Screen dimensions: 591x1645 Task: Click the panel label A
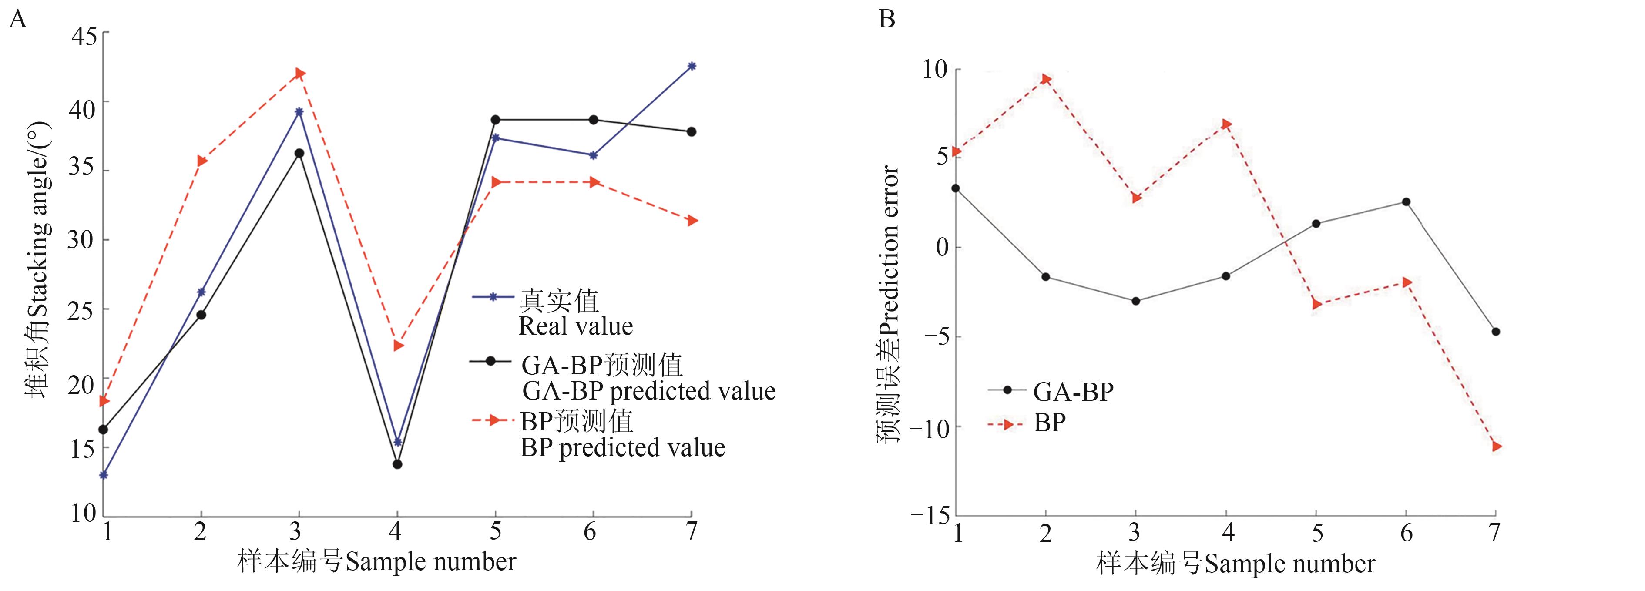(18, 20)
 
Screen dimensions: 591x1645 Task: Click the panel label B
(887, 20)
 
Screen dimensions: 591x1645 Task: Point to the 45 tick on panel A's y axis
(84, 36)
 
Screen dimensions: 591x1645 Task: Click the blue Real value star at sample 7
(691, 66)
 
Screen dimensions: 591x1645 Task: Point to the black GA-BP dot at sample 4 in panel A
(397, 464)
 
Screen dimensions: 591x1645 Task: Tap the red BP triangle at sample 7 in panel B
(1496, 446)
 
